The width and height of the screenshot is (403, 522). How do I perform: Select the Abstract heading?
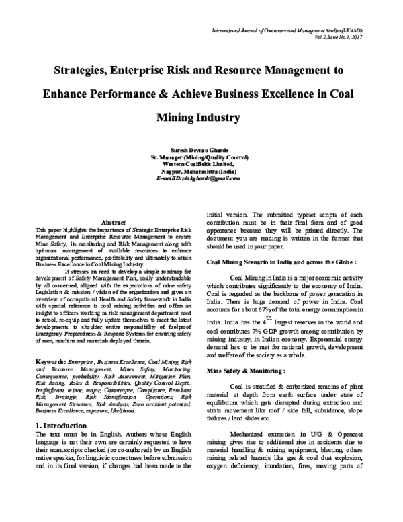coord(112,222)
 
